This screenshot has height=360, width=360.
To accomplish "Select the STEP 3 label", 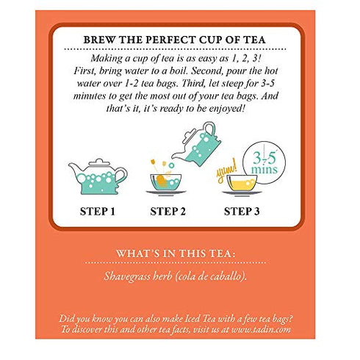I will (248, 213).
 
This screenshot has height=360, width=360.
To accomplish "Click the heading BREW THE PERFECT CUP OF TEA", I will (179, 42).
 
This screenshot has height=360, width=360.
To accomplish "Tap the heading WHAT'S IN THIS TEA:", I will (180, 253).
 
